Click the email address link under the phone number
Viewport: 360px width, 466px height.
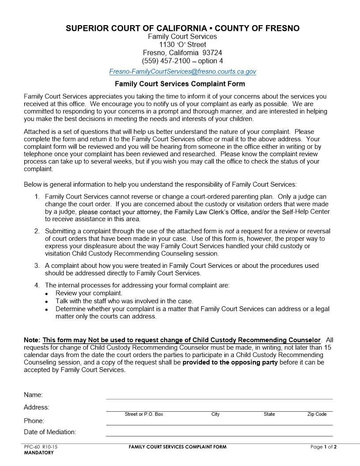click(x=182, y=71)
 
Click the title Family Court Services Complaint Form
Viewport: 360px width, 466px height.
click(x=180, y=84)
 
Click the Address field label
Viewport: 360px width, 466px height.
click(x=37, y=407)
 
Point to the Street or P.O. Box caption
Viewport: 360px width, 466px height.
click(x=144, y=414)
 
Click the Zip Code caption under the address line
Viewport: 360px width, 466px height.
click(x=317, y=414)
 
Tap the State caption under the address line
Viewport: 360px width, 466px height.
click(x=269, y=414)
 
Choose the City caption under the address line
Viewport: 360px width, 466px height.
click(x=215, y=414)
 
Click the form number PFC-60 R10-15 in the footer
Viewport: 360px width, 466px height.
click(x=41, y=447)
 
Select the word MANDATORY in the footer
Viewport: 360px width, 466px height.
click(x=39, y=453)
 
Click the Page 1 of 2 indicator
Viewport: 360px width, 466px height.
click(x=323, y=447)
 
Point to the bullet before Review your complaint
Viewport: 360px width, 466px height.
click(x=47, y=294)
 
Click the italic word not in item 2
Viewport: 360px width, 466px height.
click(x=229, y=231)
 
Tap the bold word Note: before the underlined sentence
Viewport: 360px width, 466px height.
click(x=32, y=340)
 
